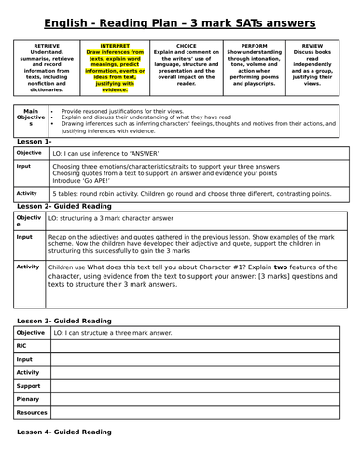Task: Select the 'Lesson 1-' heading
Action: (35, 142)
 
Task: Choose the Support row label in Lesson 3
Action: (29, 384)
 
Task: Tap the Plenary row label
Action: (29, 397)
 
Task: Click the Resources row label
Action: (32, 411)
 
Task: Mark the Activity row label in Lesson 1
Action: (29, 193)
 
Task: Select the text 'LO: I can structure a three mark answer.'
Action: (112, 332)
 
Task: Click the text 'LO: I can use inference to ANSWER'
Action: (103, 152)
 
